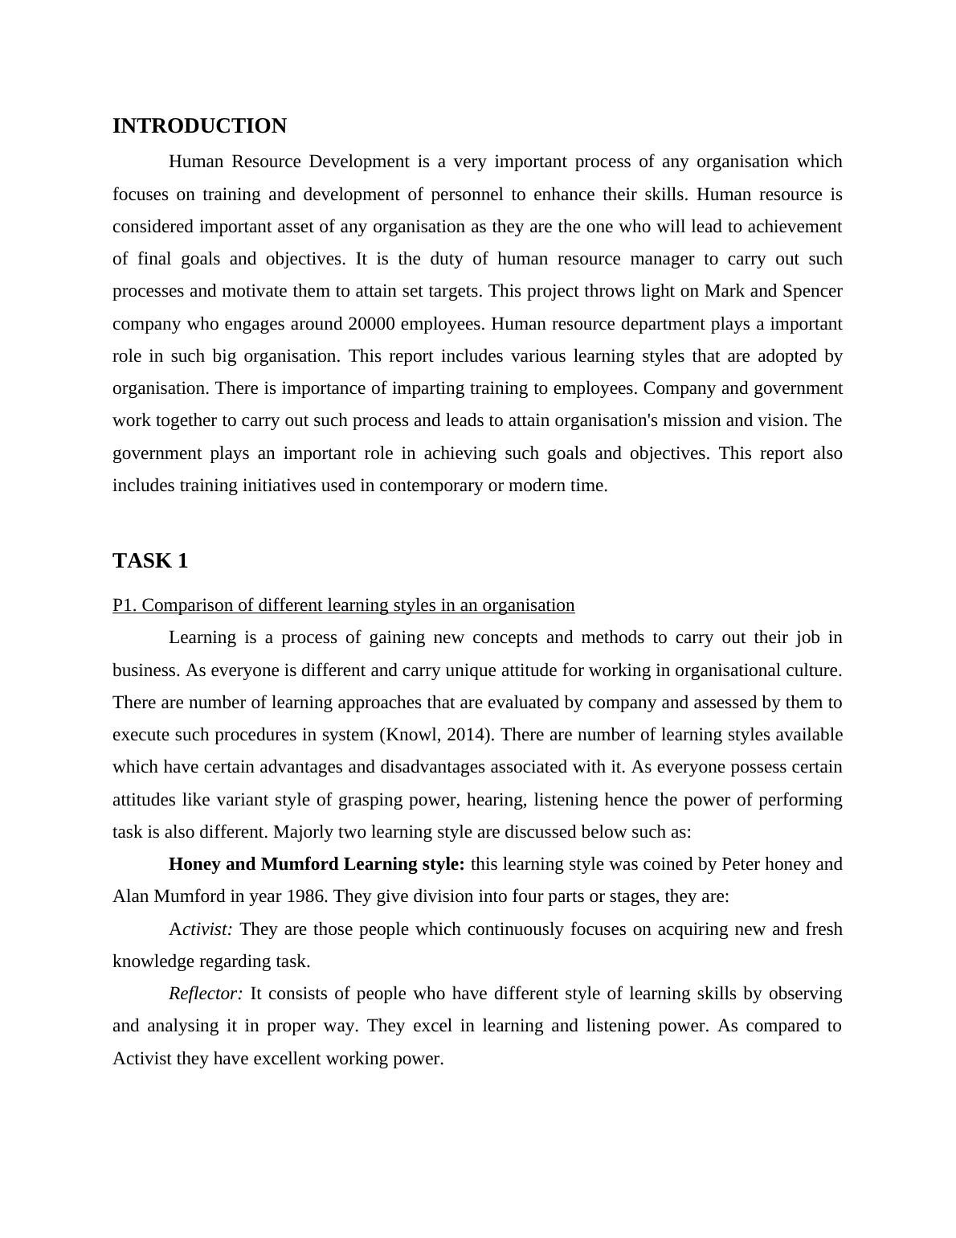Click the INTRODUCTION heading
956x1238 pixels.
point(199,126)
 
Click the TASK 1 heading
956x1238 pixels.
point(150,561)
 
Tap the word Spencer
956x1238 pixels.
point(812,291)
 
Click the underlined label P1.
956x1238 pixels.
point(125,605)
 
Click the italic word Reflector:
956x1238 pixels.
point(206,994)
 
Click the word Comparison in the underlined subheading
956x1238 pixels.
point(183,605)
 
